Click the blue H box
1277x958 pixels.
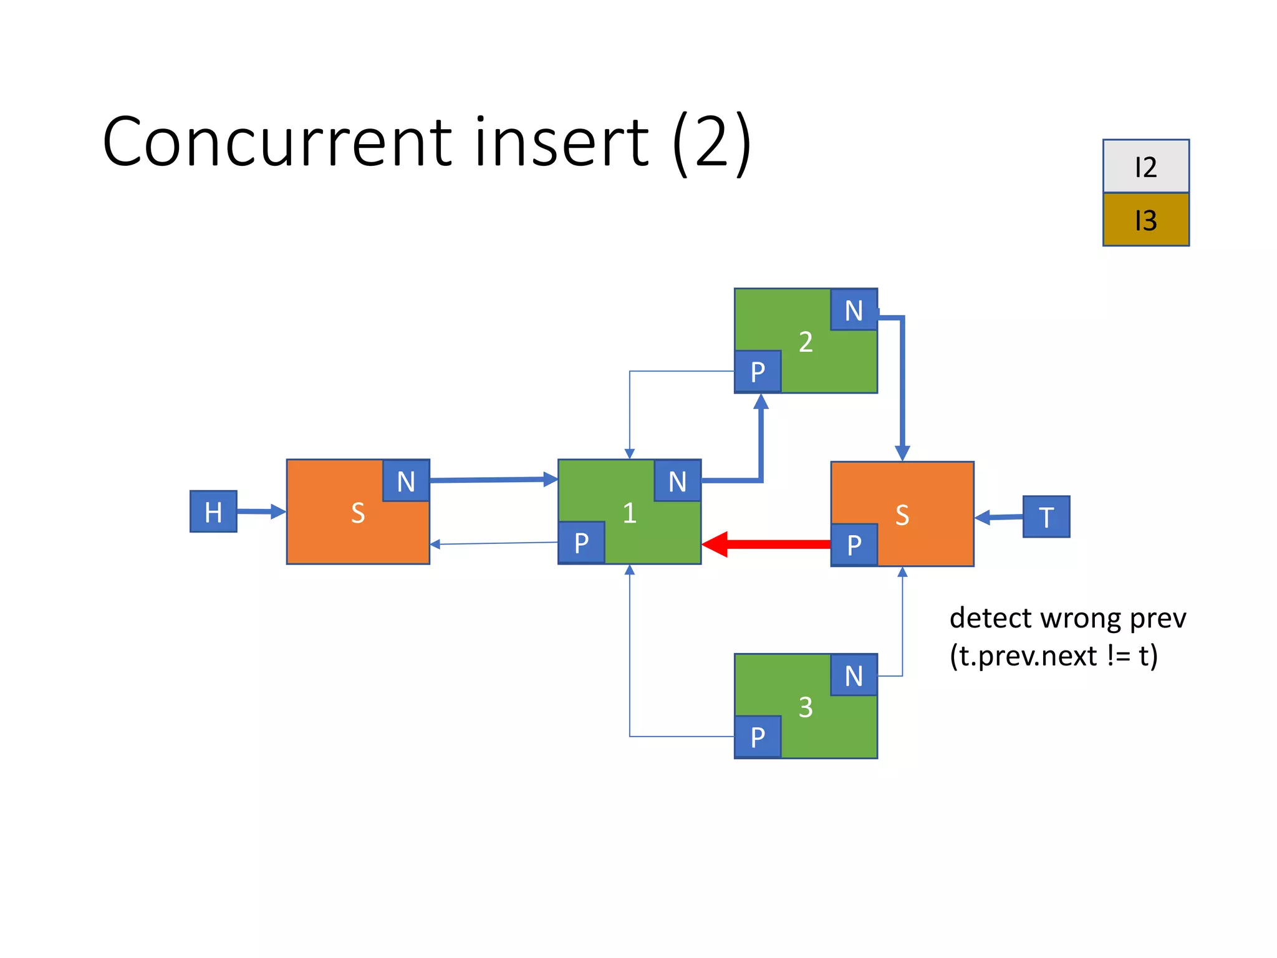[x=213, y=511]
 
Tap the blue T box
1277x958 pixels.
[x=1046, y=516]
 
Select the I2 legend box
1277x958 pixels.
[x=1145, y=167]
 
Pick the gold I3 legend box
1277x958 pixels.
[x=1145, y=220]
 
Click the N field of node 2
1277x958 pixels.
[x=854, y=310]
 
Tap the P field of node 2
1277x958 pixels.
[x=758, y=372]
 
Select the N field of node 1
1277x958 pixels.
[x=677, y=481]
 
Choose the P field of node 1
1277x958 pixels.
[x=581, y=543]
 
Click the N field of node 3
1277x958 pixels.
[x=854, y=675]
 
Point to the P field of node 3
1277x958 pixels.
[x=758, y=737]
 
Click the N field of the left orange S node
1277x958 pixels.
[x=406, y=481]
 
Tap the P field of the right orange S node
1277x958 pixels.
[x=854, y=544]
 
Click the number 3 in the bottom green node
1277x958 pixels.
[x=806, y=707]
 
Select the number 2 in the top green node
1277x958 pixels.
[x=806, y=342]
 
